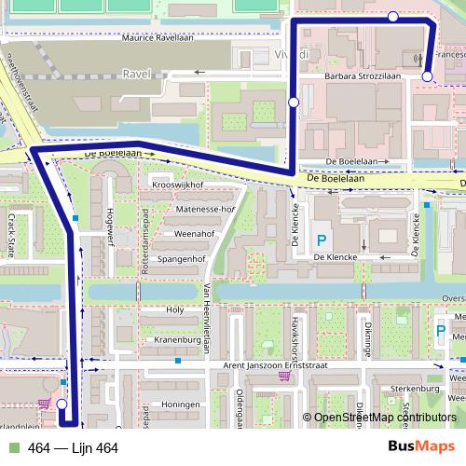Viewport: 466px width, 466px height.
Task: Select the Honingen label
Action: [x=181, y=404]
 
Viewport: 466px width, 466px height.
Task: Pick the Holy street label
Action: [x=171, y=309]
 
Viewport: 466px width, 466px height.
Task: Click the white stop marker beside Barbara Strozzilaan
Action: [x=427, y=76]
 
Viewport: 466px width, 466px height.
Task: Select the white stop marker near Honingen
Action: [x=62, y=404]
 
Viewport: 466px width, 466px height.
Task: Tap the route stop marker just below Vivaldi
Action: [x=295, y=102]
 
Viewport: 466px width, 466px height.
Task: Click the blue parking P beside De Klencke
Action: [x=321, y=240]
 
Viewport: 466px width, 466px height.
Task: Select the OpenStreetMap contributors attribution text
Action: [x=384, y=418]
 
